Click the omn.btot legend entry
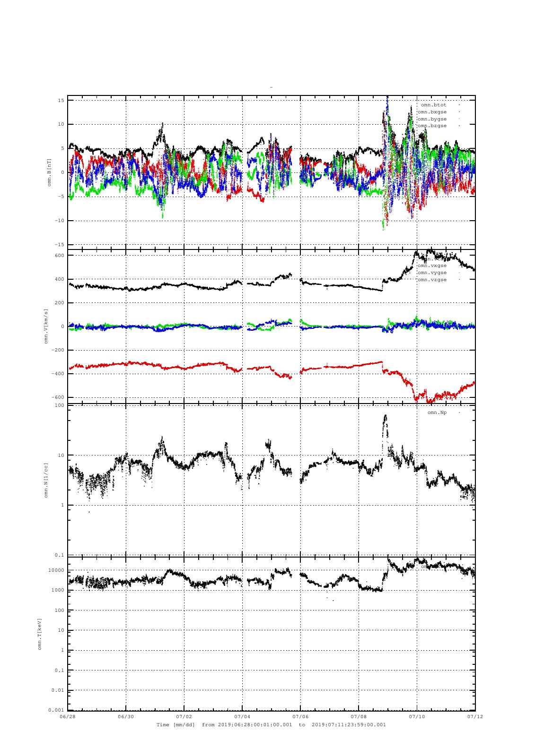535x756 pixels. click(x=434, y=104)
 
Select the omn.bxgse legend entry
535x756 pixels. click(x=432, y=112)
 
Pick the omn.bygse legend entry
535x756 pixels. click(x=432, y=119)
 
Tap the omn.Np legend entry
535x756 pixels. click(x=437, y=412)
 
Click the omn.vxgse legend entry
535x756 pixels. click(x=432, y=266)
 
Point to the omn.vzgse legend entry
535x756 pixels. click(x=432, y=280)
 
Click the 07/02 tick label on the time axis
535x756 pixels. click(x=184, y=716)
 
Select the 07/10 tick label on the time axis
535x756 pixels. click(x=417, y=716)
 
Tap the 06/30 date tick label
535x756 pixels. click(x=126, y=716)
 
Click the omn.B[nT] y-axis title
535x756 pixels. click(x=49, y=172)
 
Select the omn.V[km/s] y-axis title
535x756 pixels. click(x=46, y=326)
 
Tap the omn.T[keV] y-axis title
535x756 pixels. click(x=40, y=633)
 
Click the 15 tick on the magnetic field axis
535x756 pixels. click(x=61, y=101)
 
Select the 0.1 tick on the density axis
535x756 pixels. click(x=59, y=555)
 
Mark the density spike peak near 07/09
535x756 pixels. click(x=385, y=416)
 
